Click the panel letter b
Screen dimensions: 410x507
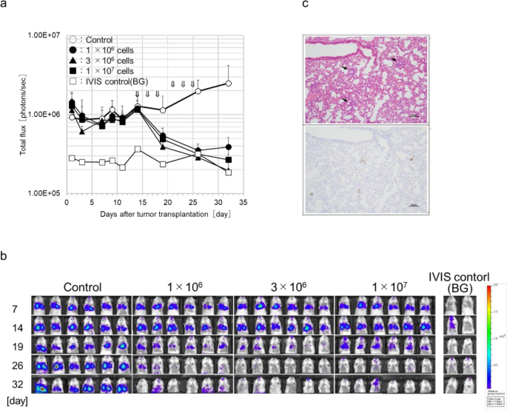(x=4, y=255)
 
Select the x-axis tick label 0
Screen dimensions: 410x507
(x=66, y=202)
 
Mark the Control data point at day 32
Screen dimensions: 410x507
(x=229, y=83)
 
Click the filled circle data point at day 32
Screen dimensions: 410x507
(x=229, y=147)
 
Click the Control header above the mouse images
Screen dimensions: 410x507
(x=81, y=286)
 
